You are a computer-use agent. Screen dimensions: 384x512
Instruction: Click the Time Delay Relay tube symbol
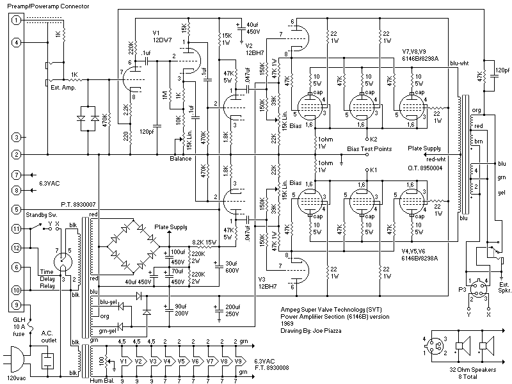61,260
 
